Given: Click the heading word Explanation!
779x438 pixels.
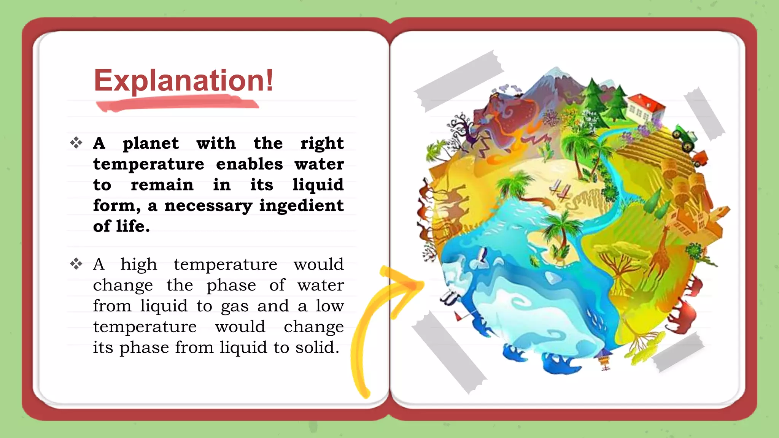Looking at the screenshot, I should click(x=183, y=81).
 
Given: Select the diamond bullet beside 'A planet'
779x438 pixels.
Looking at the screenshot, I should click(x=76, y=143).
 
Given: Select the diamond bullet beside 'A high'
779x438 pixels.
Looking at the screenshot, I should click(x=76, y=263).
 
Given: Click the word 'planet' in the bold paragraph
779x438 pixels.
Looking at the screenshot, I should click(x=151, y=143).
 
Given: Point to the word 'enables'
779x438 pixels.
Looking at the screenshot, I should click(x=249, y=164).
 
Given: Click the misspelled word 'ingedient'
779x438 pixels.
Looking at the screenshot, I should click(x=301, y=206).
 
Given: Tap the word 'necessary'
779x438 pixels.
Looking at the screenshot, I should click(x=208, y=206).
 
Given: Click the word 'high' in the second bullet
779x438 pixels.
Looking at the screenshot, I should click(x=138, y=264).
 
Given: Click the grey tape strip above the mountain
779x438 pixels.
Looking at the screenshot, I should click(x=459, y=81).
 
